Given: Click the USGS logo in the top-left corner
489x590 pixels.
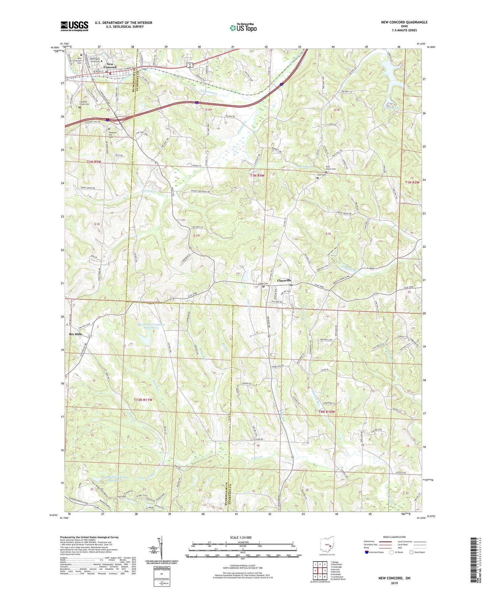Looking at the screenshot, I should coord(74,26).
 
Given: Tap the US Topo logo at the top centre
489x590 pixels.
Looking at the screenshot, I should coord(243,28).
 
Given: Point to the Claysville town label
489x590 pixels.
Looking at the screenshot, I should coord(284,280).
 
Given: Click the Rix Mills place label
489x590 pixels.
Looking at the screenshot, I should coord(75,334).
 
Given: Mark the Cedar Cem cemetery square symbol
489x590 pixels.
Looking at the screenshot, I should coord(264,287).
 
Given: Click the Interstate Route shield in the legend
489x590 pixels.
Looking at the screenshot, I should coord(367,552).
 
